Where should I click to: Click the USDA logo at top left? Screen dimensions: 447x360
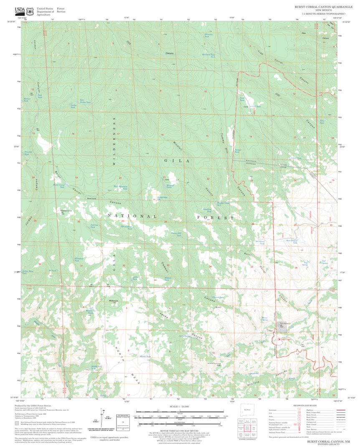point(20,11)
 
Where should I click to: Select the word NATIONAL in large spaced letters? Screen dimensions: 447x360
point(132,216)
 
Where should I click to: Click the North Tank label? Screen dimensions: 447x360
point(145,356)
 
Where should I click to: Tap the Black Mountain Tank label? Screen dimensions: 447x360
point(120,187)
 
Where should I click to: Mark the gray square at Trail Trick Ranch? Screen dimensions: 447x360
point(283,326)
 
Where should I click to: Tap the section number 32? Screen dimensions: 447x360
point(124,265)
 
